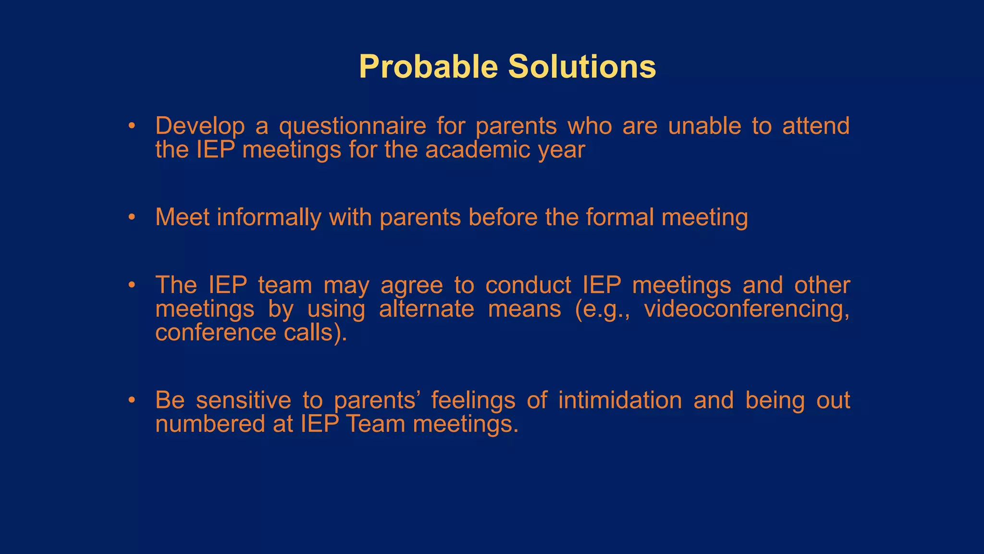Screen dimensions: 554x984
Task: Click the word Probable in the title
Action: pyautogui.click(x=428, y=67)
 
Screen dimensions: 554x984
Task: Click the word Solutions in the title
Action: pyautogui.click(x=582, y=67)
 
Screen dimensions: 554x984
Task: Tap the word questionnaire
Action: pyautogui.click(x=352, y=126)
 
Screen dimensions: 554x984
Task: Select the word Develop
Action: pyautogui.click(x=199, y=126)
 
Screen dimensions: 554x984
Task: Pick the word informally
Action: pyautogui.click(x=269, y=217)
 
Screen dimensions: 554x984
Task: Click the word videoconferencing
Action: pyautogui.click(x=746, y=309)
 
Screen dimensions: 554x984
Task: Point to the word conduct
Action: pyautogui.click(x=528, y=285)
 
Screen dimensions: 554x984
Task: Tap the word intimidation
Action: pyautogui.click(x=620, y=401)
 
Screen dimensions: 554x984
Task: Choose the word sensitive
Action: pyautogui.click(x=243, y=401)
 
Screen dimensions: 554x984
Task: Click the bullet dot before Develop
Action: pyautogui.click(x=132, y=126)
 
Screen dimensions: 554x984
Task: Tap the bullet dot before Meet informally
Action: pyautogui.click(x=132, y=217)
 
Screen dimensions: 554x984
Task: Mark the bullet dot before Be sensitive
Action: pyautogui.click(x=132, y=401)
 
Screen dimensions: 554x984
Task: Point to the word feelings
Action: pyautogui.click(x=473, y=401)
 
